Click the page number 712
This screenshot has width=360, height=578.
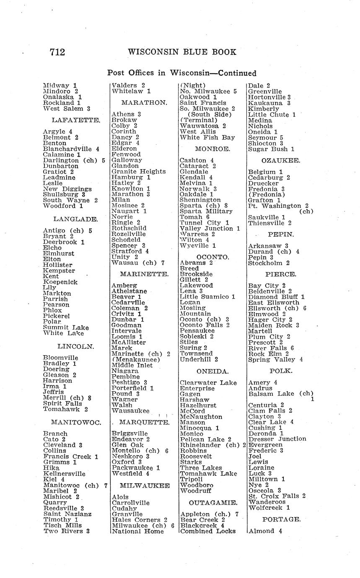57,52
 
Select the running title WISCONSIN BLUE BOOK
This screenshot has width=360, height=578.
182,52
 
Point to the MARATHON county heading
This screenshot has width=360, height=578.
144,102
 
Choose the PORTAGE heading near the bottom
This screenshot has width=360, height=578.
281,519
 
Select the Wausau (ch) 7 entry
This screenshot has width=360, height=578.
138,263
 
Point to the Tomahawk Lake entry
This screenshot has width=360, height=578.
208,473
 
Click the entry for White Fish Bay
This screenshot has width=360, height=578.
207,137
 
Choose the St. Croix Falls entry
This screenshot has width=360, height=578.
277,496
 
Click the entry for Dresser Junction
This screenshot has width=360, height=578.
277,439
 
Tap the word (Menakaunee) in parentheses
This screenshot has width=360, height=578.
136,360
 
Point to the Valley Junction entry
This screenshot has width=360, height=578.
210,229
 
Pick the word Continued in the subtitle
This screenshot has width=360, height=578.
234,73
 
